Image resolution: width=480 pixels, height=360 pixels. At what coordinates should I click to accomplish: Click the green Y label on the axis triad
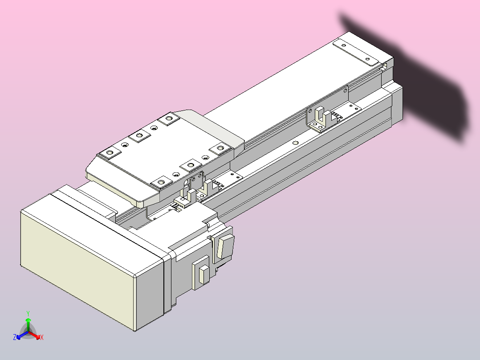28,313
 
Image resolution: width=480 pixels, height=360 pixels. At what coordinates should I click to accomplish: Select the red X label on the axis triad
42,338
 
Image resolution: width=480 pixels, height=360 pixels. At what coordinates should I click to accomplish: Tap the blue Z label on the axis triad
15,338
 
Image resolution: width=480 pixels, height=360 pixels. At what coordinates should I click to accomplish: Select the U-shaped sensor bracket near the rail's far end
320,119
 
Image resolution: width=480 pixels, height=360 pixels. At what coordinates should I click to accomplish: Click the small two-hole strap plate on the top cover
356,52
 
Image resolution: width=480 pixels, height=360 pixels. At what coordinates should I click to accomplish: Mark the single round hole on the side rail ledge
295,143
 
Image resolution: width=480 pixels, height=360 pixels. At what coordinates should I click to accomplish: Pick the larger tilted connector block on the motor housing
224,246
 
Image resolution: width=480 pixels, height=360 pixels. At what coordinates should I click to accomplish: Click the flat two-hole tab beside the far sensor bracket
353,107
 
